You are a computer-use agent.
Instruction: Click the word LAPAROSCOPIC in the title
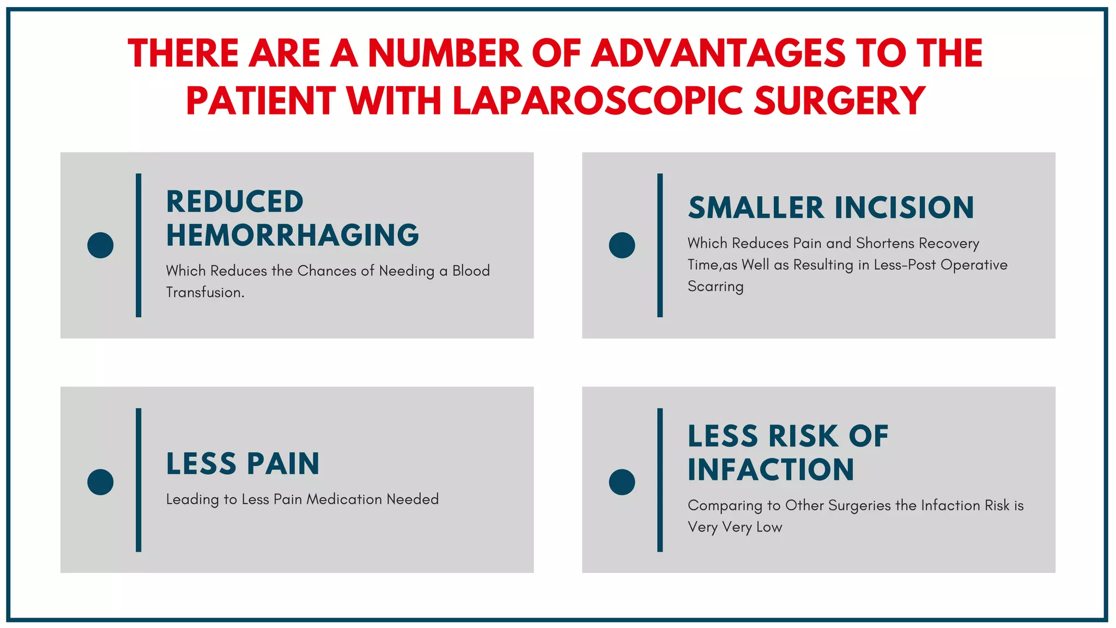coord(598,101)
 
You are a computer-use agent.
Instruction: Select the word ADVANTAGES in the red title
coord(718,53)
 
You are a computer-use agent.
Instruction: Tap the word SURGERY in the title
coord(840,101)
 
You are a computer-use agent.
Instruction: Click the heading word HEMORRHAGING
coord(293,235)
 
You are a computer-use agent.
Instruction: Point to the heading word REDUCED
coord(235,202)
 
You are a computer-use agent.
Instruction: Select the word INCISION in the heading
coord(904,208)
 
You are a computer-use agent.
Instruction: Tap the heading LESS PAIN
coord(242,464)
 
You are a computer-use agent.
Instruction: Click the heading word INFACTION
coord(771,470)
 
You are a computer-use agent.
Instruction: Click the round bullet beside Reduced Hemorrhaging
coord(100,245)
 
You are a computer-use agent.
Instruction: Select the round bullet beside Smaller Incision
coord(622,245)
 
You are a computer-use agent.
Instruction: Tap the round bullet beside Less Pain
coord(100,482)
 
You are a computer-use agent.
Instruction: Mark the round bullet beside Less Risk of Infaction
coord(622,482)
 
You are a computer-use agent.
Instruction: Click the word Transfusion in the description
coord(204,293)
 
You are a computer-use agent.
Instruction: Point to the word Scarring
coord(715,287)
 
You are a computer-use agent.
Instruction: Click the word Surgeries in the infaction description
coord(859,506)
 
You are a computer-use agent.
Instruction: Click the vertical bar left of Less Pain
coord(138,480)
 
